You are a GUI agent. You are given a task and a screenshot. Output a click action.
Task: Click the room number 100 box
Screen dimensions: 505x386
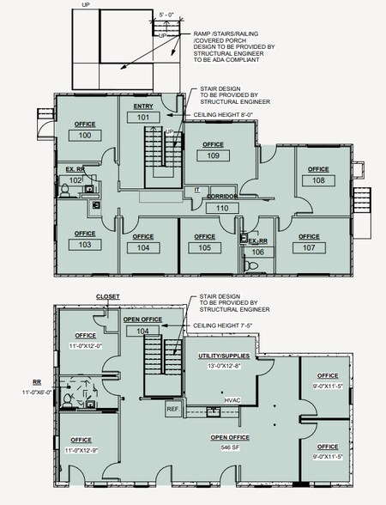pyautogui.click(x=85, y=136)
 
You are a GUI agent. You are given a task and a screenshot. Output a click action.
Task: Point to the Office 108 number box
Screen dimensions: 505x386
pyautogui.click(x=318, y=181)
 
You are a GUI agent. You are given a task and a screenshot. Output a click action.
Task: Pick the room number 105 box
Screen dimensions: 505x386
pyautogui.click(x=204, y=247)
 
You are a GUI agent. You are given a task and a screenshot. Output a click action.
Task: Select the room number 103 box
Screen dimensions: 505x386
pyautogui.click(x=85, y=245)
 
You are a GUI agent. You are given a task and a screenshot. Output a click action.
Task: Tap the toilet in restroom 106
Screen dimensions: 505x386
pyautogui.click(x=252, y=265)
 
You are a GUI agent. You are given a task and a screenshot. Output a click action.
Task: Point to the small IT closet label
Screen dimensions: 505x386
pyautogui.click(x=196, y=189)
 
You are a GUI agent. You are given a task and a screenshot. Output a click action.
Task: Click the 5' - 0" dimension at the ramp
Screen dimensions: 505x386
pyautogui.click(x=168, y=15)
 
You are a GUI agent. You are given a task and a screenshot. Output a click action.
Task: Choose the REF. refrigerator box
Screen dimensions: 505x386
pyautogui.click(x=173, y=409)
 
